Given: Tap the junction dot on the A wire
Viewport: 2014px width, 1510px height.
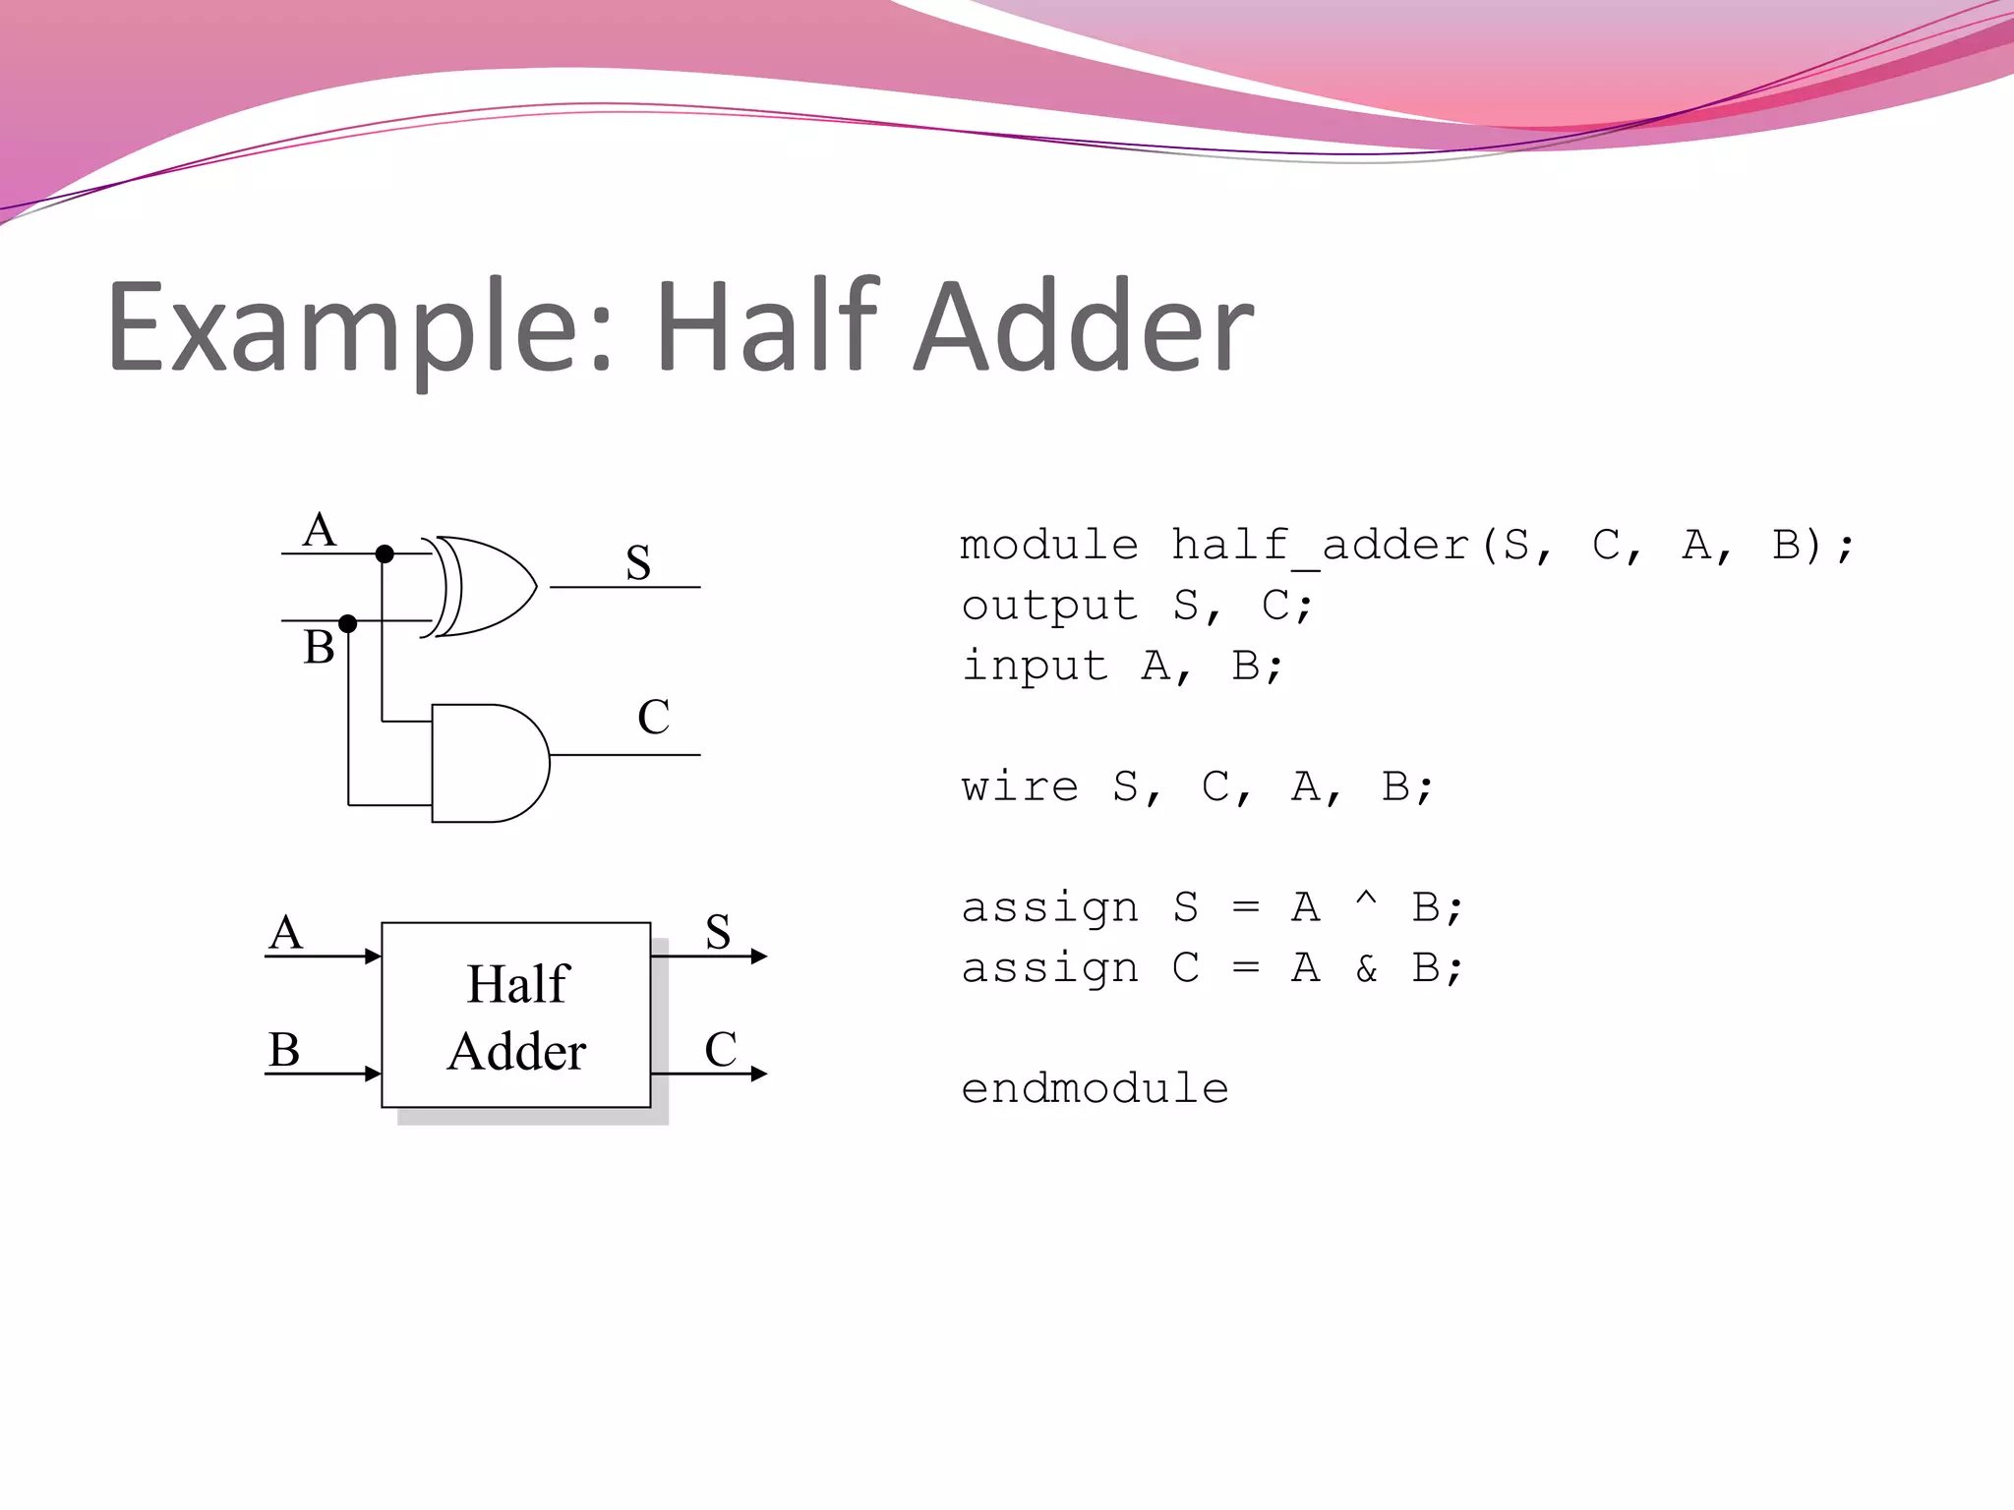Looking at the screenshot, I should [385, 554].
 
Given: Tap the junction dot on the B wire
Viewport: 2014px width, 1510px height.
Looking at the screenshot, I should [347, 623].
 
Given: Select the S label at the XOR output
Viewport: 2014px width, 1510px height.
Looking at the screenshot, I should [638, 563].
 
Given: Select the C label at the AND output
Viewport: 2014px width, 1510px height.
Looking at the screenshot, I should [653, 717].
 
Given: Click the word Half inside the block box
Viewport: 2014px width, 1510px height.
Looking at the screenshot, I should [517, 984].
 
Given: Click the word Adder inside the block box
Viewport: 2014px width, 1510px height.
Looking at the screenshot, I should [516, 1052].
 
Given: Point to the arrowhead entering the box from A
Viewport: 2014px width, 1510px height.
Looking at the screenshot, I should [373, 957].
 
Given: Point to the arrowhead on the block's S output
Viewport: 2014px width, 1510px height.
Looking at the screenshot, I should [758, 957].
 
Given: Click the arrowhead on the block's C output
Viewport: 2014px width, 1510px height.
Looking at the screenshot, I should [758, 1074].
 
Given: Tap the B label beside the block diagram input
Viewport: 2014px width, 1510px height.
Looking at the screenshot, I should [284, 1050].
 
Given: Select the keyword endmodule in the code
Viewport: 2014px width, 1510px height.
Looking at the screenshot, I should [1095, 1089].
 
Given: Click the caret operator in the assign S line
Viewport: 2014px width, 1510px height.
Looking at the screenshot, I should [1366, 900].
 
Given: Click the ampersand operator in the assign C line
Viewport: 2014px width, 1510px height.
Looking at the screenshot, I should [1366, 969].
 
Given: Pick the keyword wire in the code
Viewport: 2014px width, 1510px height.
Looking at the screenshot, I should [1020, 787].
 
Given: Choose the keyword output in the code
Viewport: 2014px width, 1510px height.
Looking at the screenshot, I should [1049, 607].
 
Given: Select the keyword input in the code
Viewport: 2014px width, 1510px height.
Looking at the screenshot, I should [1035, 667].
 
